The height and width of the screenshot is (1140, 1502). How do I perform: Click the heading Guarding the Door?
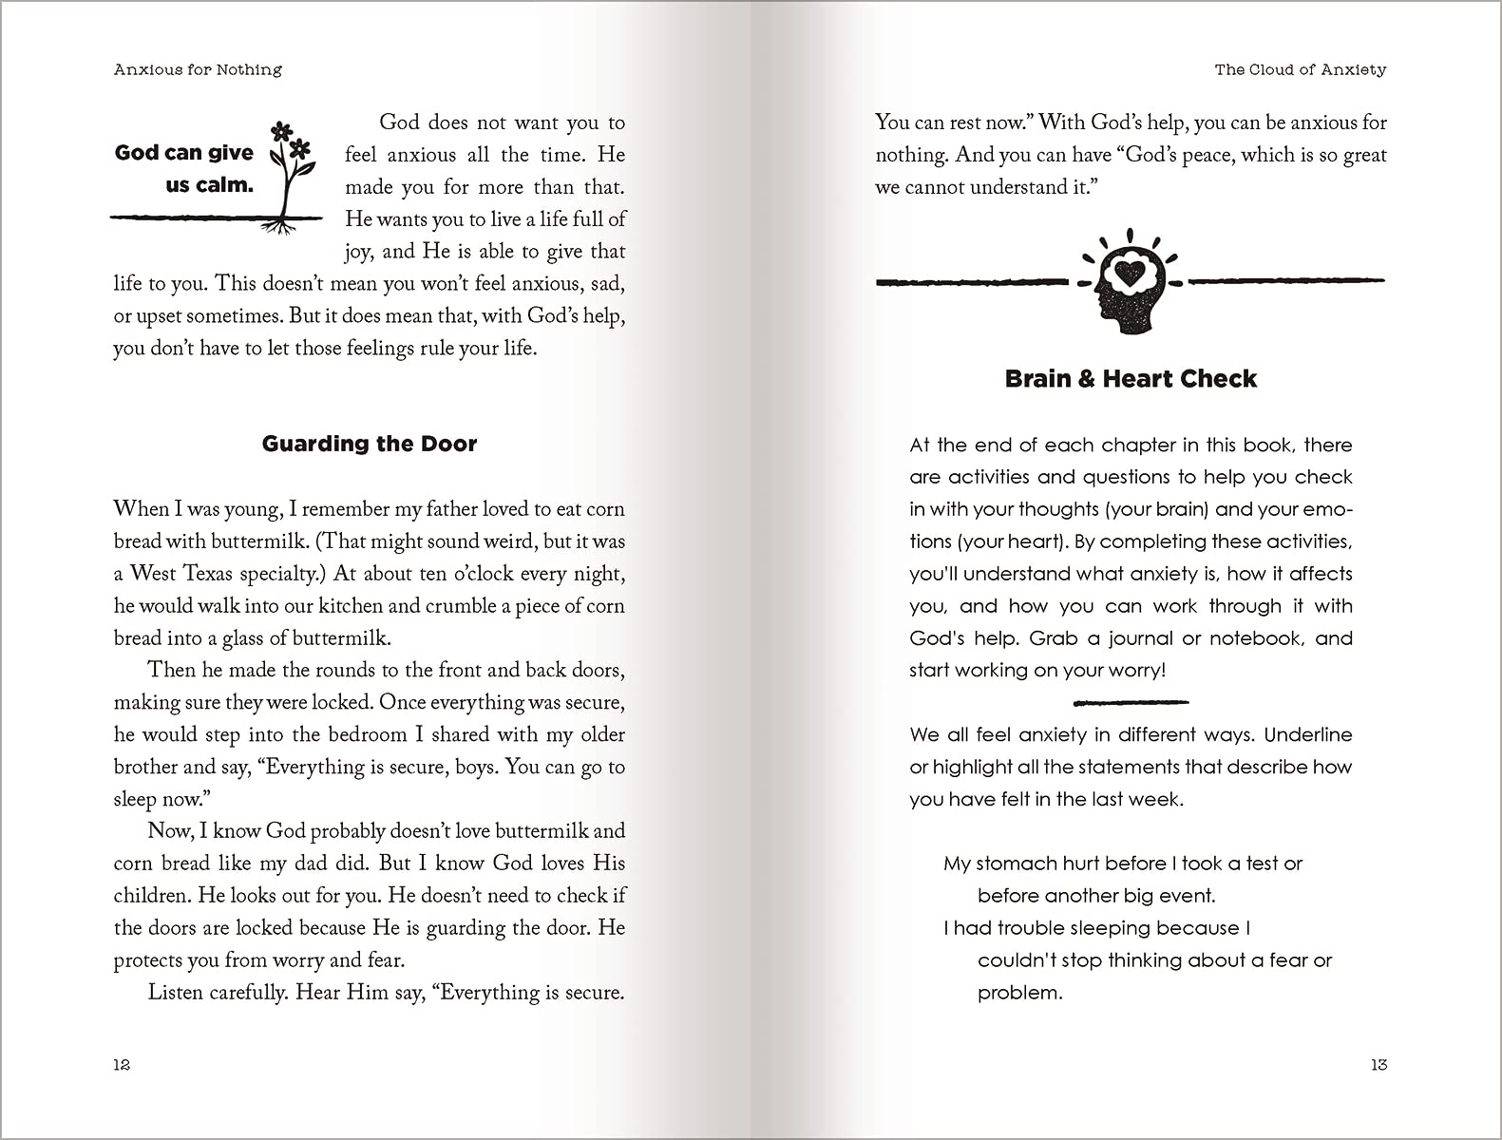pos(370,444)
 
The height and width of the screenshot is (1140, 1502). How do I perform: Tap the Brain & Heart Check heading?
pos(1131,379)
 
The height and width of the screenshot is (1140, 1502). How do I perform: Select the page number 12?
pos(122,1065)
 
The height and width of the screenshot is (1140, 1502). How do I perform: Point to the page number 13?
pos(1378,1065)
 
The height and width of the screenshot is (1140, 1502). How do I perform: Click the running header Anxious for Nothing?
pos(198,69)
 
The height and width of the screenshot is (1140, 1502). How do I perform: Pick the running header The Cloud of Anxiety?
pos(1301,69)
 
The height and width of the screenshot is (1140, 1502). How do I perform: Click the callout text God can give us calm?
pos(185,168)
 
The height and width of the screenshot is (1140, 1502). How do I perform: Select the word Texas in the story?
pos(208,574)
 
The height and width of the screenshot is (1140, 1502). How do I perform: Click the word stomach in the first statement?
pos(1017,864)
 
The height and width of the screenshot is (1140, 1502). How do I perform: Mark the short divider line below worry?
pos(1131,703)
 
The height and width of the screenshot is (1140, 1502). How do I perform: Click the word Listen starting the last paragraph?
pos(174,993)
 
